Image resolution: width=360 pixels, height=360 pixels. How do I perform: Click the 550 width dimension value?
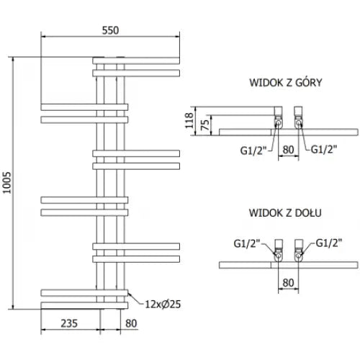coord(110,30)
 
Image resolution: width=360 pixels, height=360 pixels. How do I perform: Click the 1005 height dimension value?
coord(7,182)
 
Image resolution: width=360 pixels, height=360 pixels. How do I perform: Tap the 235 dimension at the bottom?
coord(69,323)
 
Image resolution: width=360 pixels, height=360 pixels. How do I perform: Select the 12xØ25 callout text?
coord(163,305)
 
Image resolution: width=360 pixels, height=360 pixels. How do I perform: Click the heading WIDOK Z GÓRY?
coord(286,83)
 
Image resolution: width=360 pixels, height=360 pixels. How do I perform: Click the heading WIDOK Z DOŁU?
coord(285,213)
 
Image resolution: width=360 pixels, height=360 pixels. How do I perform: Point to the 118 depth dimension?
coord(189,120)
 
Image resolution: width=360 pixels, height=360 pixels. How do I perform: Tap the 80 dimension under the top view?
coord(288,150)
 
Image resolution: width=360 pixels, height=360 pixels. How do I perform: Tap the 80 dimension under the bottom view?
coord(288,283)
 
